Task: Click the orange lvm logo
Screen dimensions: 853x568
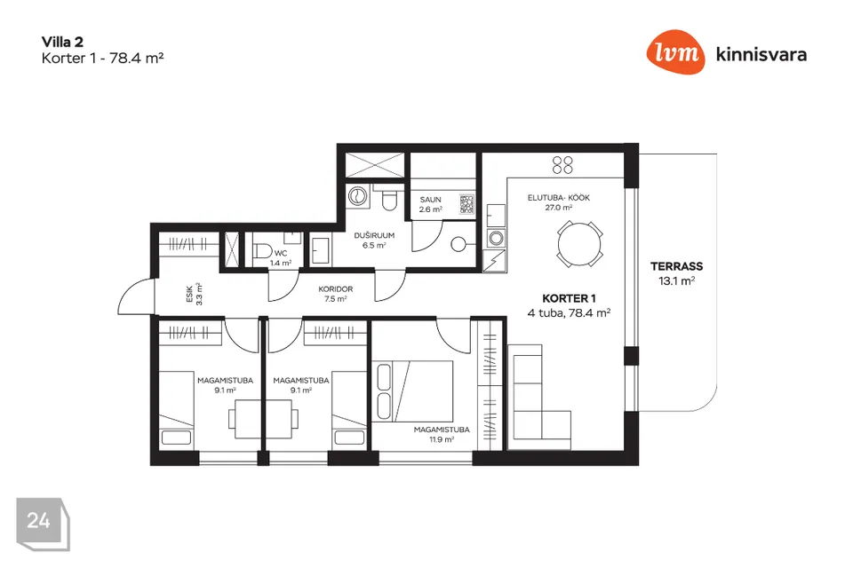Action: coord(675,52)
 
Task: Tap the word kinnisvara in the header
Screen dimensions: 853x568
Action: coord(761,54)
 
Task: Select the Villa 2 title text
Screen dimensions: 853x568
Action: coord(62,42)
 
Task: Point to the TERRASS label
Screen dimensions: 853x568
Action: coord(677,266)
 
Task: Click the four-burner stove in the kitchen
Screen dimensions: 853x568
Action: coord(562,165)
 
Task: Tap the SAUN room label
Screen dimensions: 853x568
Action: coord(430,200)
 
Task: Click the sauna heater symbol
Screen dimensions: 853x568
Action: coord(466,204)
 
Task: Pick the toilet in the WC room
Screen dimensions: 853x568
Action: coord(262,250)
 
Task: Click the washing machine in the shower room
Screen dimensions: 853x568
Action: coord(357,195)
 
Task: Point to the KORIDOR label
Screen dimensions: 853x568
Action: coord(336,289)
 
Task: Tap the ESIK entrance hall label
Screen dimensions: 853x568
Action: coord(189,294)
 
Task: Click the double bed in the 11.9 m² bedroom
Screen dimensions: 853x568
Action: coord(412,390)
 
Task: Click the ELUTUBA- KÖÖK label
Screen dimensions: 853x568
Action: coord(559,198)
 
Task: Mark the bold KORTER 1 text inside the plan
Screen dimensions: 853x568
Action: coord(569,298)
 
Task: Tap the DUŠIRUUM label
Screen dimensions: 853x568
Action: coord(374,235)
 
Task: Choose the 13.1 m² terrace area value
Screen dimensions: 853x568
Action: coord(677,281)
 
